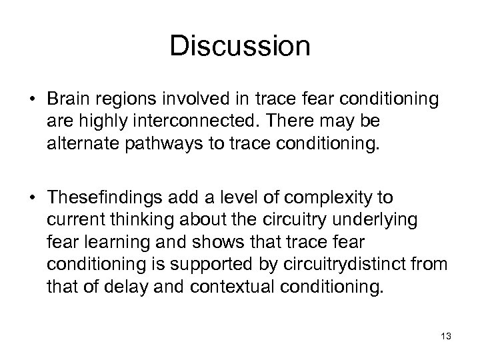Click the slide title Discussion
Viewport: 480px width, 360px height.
(240, 46)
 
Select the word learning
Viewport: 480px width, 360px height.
(107, 241)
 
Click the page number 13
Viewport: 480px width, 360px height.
(446, 336)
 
